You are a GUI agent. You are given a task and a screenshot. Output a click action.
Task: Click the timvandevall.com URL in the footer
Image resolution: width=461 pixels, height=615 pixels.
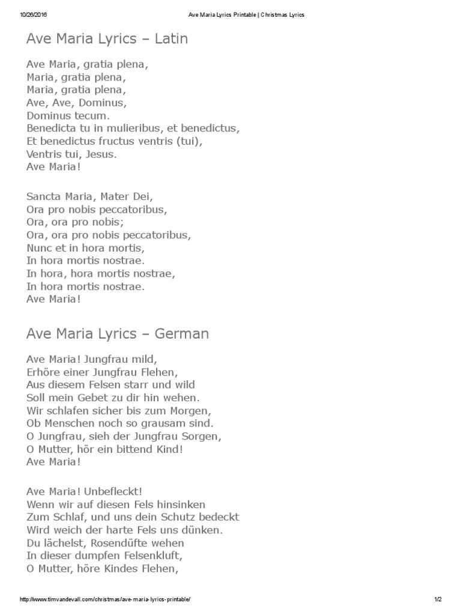tap(106, 599)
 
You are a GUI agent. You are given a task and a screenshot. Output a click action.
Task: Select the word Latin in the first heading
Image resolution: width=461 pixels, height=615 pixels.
tap(171, 39)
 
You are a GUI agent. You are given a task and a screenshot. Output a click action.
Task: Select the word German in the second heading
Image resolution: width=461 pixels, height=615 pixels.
tap(182, 333)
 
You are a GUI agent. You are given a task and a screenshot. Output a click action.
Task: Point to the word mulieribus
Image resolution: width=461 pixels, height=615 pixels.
tap(132, 128)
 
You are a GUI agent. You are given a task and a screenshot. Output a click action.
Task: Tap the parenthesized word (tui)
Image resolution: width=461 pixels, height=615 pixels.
tap(190, 141)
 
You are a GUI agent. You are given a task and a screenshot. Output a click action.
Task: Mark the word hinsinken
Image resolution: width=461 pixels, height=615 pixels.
tap(180, 504)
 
